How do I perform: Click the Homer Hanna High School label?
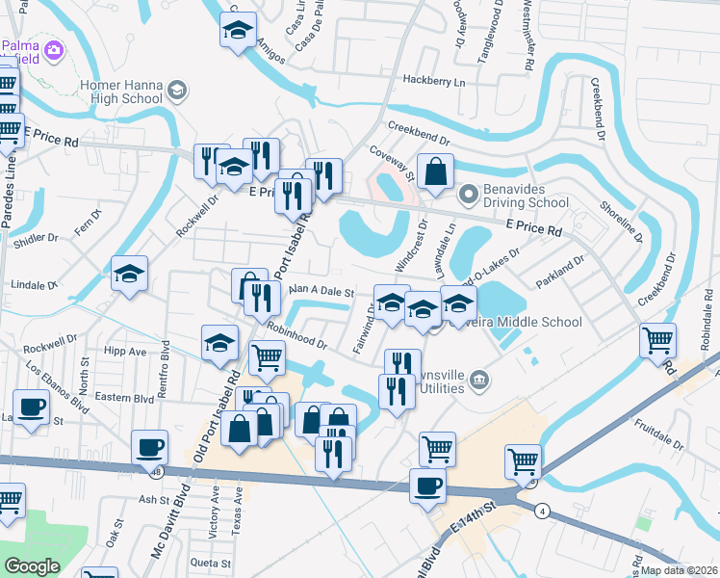(x=121, y=92)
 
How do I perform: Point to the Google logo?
(x=32, y=566)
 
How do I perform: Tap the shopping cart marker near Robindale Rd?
(x=657, y=339)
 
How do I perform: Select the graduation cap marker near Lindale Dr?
(x=129, y=275)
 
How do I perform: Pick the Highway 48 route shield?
(x=155, y=472)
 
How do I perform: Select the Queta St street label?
(x=211, y=563)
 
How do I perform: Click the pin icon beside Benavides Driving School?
(x=469, y=196)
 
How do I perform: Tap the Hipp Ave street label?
(x=127, y=352)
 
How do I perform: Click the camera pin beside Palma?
(x=54, y=48)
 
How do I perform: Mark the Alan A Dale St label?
(x=322, y=290)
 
